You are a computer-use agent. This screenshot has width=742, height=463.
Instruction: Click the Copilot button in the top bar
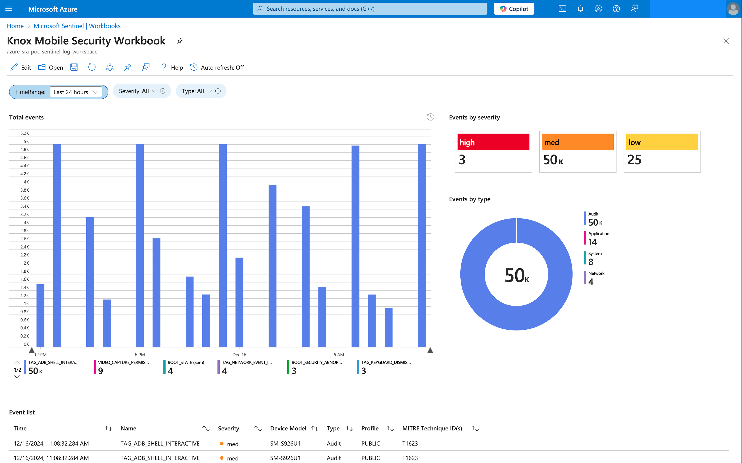click(514, 8)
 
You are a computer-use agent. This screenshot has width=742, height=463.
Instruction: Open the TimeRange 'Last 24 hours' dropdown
click(75, 92)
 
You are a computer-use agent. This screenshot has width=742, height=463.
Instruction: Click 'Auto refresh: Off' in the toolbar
click(217, 67)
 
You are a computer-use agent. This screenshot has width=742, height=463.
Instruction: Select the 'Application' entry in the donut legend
click(598, 234)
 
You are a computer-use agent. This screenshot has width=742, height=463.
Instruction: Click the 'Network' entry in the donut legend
click(596, 273)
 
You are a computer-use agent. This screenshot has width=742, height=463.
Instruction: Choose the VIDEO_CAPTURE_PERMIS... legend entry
click(123, 362)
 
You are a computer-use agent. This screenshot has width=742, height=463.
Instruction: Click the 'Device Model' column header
click(288, 428)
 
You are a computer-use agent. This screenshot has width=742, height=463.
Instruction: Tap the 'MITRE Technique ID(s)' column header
click(432, 428)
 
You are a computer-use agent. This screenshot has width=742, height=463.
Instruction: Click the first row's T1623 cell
click(410, 443)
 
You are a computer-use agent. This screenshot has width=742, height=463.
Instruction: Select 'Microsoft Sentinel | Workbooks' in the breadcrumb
click(77, 26)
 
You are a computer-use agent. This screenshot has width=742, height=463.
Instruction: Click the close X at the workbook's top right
click(726, 41)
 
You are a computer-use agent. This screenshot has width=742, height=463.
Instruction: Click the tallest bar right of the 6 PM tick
click(140, 245)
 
